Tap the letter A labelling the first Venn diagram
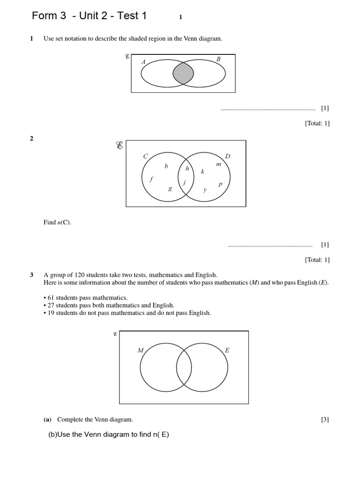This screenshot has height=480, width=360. (143, 62)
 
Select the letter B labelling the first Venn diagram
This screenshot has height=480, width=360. (218, 59)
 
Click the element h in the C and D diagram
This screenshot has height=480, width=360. (187, 168)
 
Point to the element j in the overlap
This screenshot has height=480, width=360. (185, 182)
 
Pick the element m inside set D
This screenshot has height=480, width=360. (218, 164)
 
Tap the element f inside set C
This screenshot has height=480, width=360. (151, 179)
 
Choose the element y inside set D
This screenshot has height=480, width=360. (205, 190)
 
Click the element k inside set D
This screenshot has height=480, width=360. (202, 172)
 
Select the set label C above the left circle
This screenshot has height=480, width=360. (146, 157)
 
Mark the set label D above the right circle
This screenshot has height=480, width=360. (228, 156)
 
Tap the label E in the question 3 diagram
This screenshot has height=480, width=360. (227, 351)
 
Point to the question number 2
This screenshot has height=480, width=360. (31, 138)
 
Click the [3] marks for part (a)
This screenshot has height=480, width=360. (325, 420)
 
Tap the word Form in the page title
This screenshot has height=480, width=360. (43, 16)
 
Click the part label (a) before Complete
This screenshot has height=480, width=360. (47, 420)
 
